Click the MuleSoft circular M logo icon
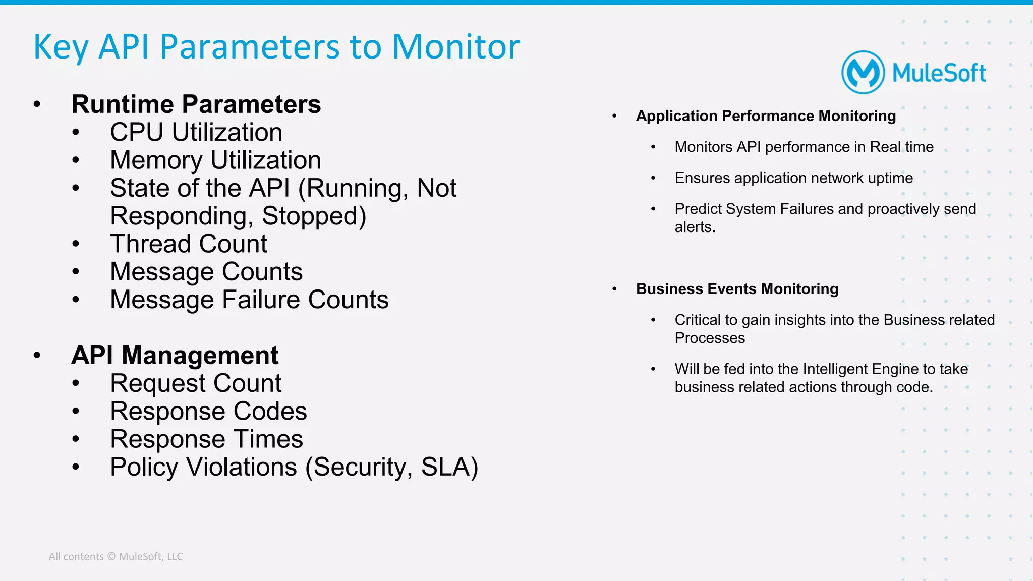point(863,73)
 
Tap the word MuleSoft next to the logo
point(939,73)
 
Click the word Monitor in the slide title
point(455,47)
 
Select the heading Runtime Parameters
point(196,104)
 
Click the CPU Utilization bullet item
point(196,133)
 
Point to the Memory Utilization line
point(215,160)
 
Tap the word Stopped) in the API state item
point(314,216)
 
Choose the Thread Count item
point(188,244)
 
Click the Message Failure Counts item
point(249,300)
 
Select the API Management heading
point(175,356)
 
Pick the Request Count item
point(196,383)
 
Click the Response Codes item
point(208,412)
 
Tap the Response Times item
point(206,439)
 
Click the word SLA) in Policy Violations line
point(449,467)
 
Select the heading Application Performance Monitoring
point(766,116)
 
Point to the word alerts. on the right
point(695,227)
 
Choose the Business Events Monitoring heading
point(737,289)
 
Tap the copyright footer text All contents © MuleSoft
point(116,557)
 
